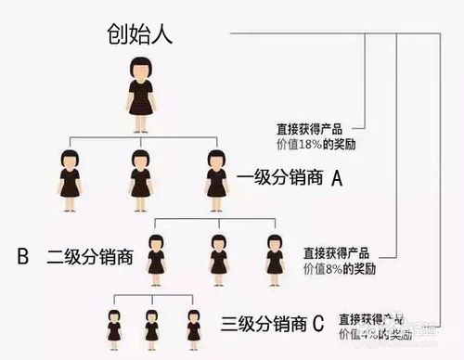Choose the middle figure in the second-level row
click(218, 254)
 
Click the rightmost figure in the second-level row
click(275, 254)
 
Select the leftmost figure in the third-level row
click(114, 327)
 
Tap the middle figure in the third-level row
click(152, 327)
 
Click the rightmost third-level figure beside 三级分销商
click(193, 327)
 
